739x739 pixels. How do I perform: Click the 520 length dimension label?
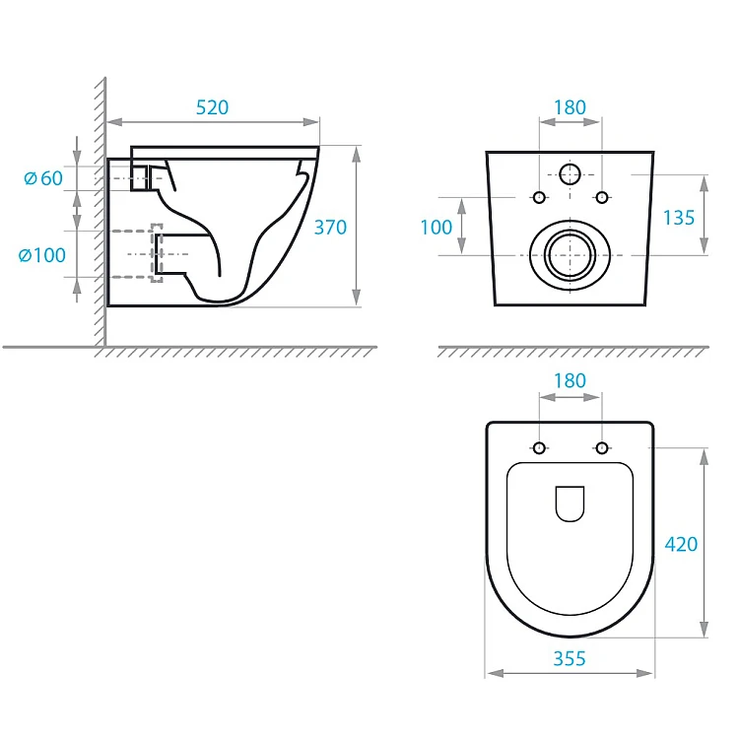[212, 107]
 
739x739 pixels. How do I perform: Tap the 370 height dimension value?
[330, 228]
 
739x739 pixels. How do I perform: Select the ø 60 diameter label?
[43, 178]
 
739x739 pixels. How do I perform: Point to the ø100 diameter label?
[42, 255]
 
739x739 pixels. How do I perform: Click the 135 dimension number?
[679, 218]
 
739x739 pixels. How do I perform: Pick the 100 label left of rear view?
[436, 228]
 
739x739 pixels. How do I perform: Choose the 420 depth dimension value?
[681, 544]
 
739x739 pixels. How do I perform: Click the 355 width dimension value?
[570, 658]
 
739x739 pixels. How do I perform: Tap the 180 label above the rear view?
[570, 107]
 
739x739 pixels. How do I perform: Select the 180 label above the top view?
[570, 380]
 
